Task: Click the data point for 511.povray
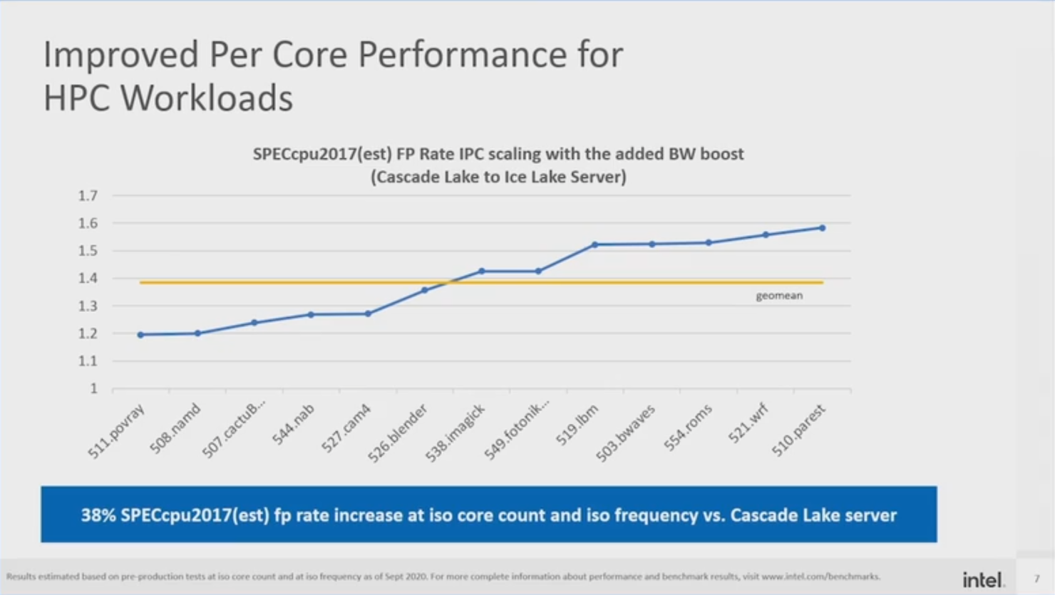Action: (x=141, y=334)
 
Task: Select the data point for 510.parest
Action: (x=823, y=228)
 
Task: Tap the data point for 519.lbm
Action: (x=595, y=244)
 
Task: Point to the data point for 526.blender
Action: (x=425, y=290)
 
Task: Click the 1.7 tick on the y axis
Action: (x=88, y=195)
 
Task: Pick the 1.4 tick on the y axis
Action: (x=88, y=278)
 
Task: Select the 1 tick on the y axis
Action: (x=93, y=388)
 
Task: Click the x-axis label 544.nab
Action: (x=293, y=425)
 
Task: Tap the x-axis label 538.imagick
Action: (x=456, y=433)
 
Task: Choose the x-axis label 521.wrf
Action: (x=748, y=423)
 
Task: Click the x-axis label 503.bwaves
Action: (x=625, y=433)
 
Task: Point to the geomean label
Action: (x=779, y=295)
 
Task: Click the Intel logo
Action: (x=983, y=579)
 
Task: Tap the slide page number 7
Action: (x=1036, y=579)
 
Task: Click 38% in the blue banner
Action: (x=98, y=515)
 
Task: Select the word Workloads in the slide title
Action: (x=207, y=98)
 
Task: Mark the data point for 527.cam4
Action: (x=368, y=314)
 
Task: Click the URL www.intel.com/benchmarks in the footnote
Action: (x=820, y=576)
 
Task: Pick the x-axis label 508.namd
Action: (x=175, y=428)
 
